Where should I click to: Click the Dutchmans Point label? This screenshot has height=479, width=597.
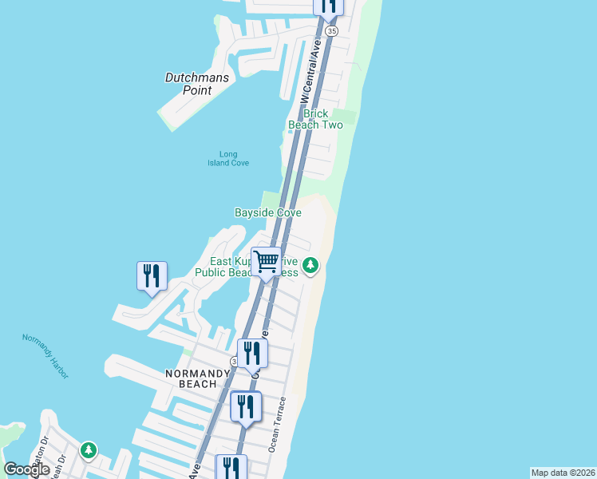point(196,84)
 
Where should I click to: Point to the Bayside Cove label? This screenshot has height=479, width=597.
point(267,212)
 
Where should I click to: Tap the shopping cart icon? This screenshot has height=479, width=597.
point(267,261)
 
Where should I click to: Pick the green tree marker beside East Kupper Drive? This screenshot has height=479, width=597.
point(310,265)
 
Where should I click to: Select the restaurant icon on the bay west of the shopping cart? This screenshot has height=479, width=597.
point(152,276)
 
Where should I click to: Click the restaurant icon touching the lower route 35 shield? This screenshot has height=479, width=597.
point(252,353)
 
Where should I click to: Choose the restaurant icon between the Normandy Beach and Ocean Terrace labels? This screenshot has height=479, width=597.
point(246,406)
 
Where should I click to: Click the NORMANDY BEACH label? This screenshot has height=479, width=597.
point(192,378)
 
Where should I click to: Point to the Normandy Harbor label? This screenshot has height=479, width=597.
point(47,349)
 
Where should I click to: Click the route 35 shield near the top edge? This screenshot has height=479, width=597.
point(331,30)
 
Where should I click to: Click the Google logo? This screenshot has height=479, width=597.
point(27,469)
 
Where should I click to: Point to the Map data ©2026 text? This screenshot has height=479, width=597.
point(563,473)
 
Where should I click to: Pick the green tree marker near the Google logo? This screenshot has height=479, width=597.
point(89,451)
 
